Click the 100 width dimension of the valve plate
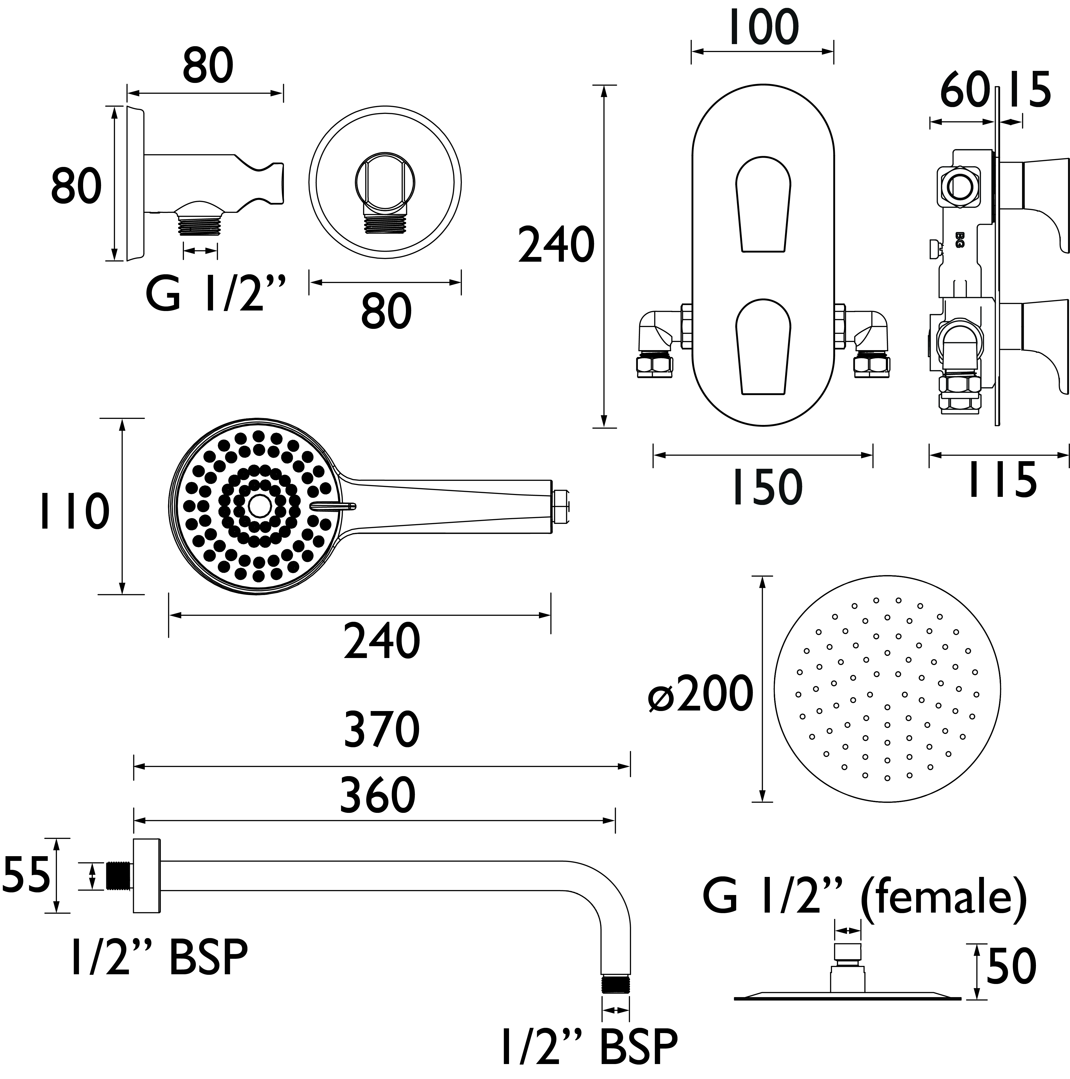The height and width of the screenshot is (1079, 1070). (x=764, y=28)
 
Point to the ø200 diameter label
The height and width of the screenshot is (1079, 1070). (x=701, y=694)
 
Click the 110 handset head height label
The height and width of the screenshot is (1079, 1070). (x=74, y=512)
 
